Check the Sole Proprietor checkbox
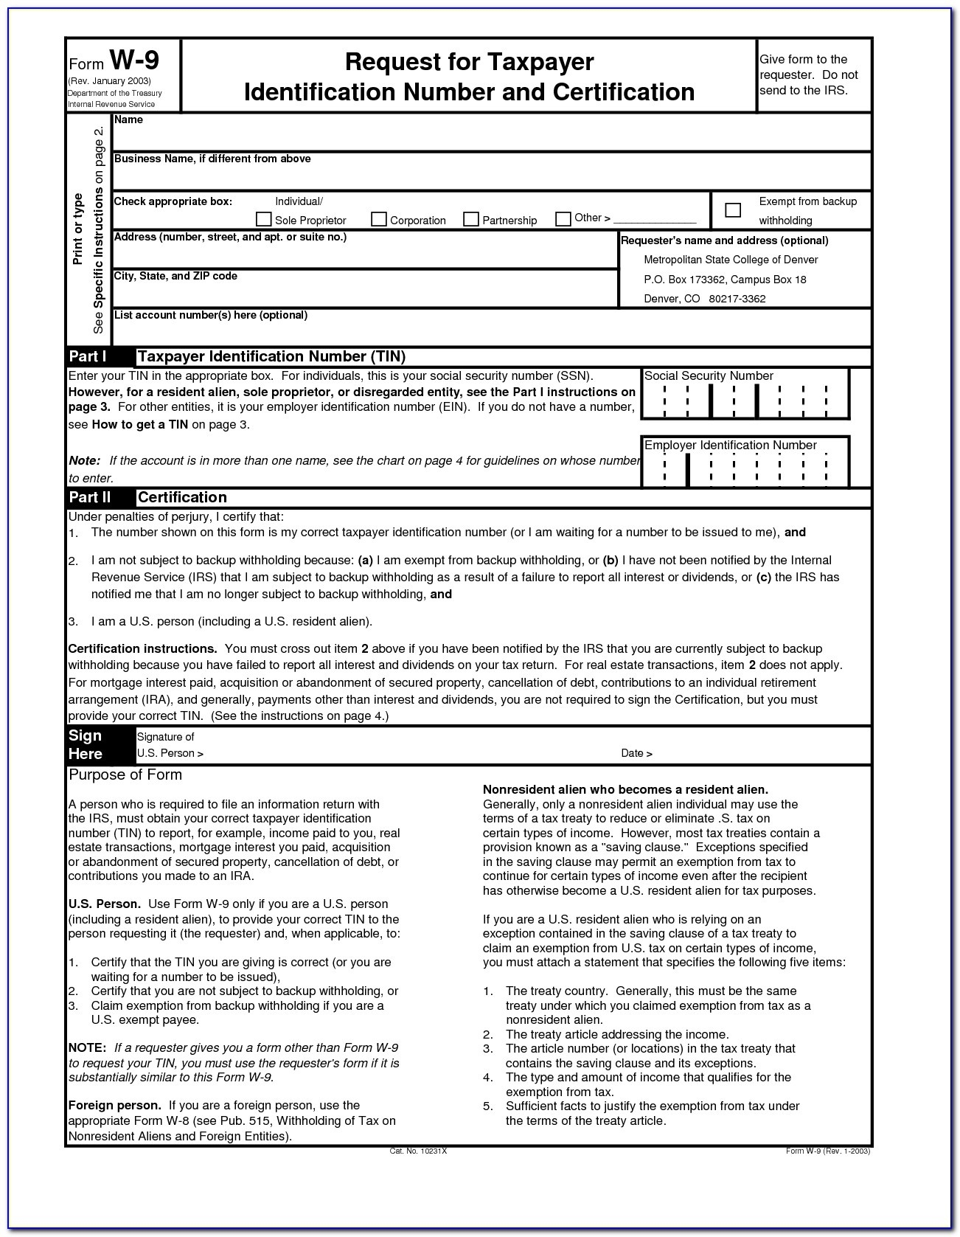(x=263, y=219)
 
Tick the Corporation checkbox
(x=379, y=219)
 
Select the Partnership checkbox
(x=471, y=219)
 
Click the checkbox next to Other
(x=563, y=218)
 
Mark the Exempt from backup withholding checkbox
(x=733, y=210)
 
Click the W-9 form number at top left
(x=133, y=60)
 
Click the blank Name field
(x=491, y=138)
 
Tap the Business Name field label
(x=212, y=159)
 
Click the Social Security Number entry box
(x=745, y=401)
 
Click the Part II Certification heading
(x=182, y=497)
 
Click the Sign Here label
(x=86, y=745)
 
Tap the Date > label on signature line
(x=636, y=753)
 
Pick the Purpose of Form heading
(x=125, y=775)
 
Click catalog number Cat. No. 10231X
(x=418, y=1151)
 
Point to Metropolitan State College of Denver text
(x=731, y=260)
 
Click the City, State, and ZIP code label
(x=175, y=276)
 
